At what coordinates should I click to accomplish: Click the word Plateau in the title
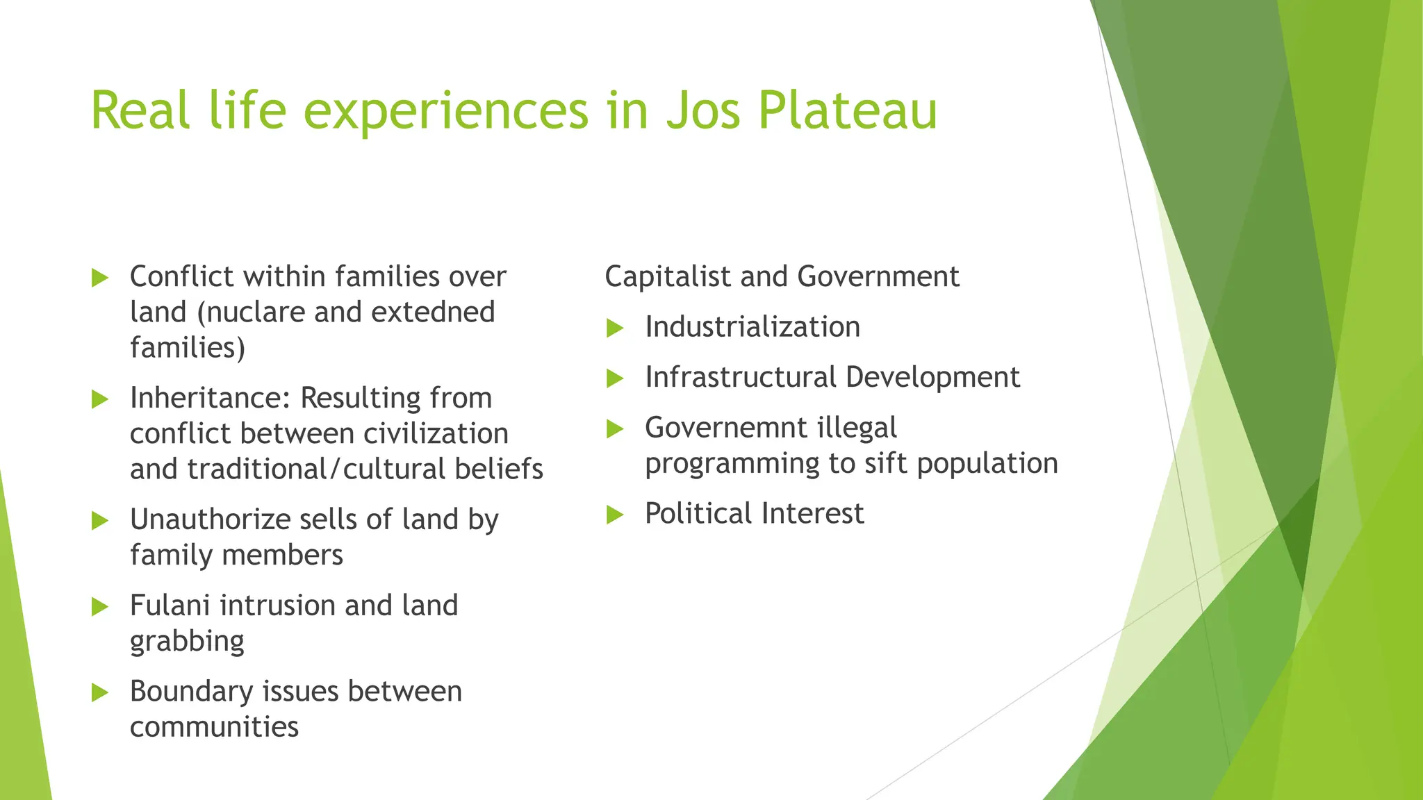[x=847, y=110]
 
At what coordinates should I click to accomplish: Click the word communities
[x=214, y=727]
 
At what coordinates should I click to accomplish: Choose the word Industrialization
[x=752, y=327]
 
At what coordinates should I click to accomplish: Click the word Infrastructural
[x=740, y=377]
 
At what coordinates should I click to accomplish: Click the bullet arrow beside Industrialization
[x=615, y=328]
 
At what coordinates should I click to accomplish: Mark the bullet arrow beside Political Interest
[x=615, y=515]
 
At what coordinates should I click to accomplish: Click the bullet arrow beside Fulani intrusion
[x=100, y=606]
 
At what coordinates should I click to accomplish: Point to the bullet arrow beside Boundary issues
[x=100, y=692]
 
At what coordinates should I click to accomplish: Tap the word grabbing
[x=187, y=642]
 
